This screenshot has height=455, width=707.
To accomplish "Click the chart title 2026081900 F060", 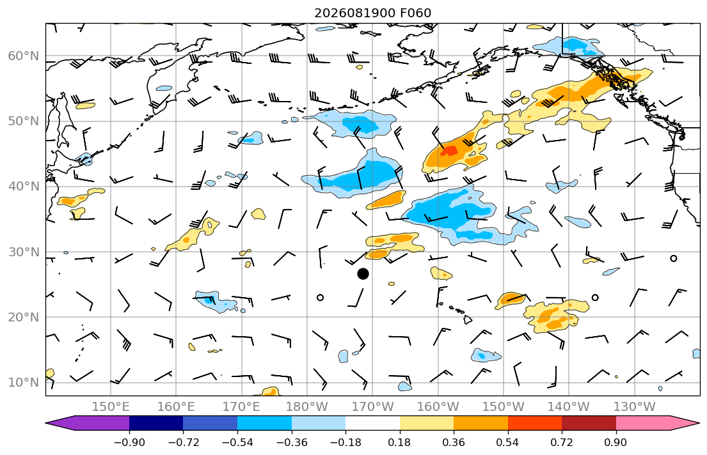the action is click(x=372, y=13).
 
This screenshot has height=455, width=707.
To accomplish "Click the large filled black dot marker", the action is click(x=363, y=274).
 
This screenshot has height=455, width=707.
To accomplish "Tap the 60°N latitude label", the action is click(x=24, y=56).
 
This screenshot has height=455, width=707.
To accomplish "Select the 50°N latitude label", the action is click(x=24, y=121).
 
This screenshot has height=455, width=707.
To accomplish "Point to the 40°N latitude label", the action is click(x=24, y=187).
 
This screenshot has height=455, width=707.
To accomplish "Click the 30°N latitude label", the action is click(x=24, y=252).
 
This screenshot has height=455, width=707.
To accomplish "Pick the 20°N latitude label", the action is click(x=24, y=317).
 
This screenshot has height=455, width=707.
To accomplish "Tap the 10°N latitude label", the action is click(x=24, y=383).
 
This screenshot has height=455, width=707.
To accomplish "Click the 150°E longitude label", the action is click(x=111, y=407).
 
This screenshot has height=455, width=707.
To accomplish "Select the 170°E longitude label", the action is click(x=242, y=407).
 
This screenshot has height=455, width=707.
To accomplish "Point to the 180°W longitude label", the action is click(x=307, y=407).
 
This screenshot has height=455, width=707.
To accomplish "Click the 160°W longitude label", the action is click(x=438, y=407).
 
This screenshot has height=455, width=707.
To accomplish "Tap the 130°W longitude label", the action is click(x=635, y=407).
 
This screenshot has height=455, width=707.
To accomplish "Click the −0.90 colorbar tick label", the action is click(x=129, y=442).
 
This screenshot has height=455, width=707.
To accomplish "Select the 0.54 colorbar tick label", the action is click(x=508, y=442).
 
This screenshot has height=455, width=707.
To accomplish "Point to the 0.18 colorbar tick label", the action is click(x=399, y=442).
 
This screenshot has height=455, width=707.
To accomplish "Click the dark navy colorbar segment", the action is click(x=156, y=423).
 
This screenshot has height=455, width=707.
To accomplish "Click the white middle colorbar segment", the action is click(x=372, y=423).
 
